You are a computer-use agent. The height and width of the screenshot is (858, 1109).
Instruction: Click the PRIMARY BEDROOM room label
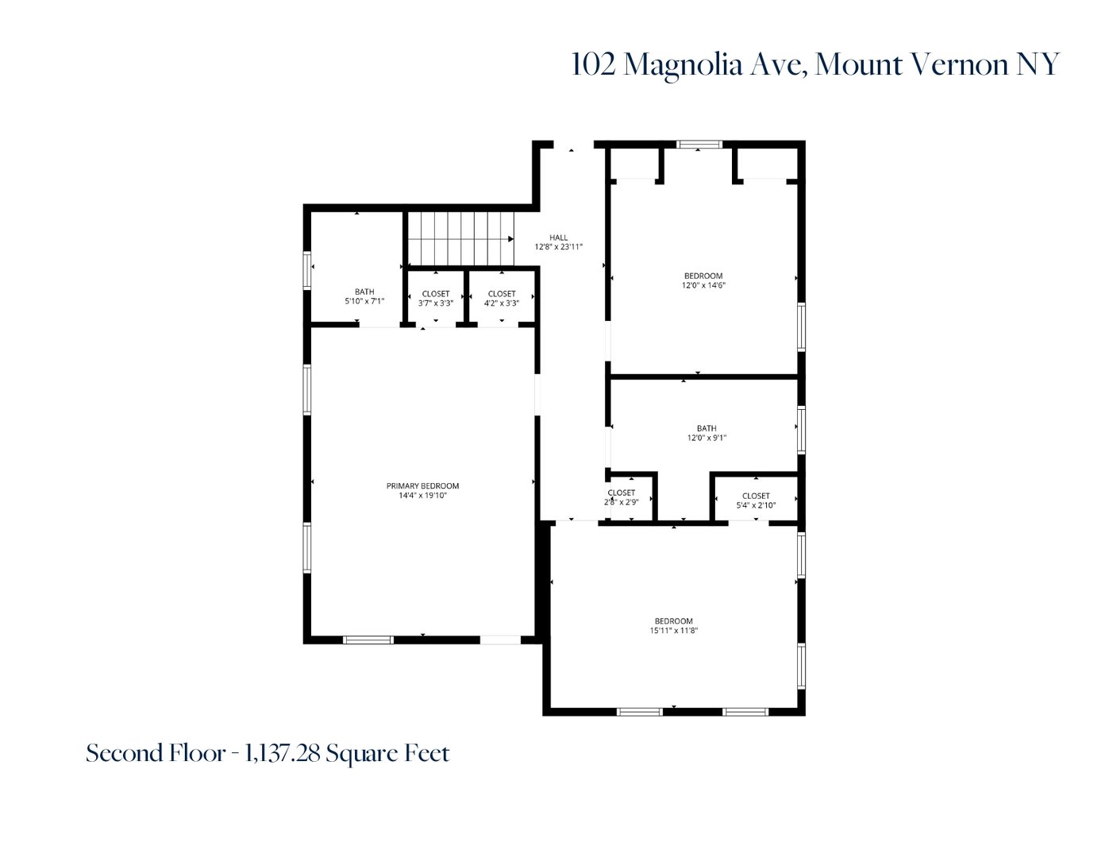tap(422, 486)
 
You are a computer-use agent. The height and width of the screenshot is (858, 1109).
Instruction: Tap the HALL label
tap(559, 238)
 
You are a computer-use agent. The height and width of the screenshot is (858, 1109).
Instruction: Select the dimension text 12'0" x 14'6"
tap(703, 285)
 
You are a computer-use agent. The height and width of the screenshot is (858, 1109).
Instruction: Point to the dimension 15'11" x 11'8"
tap(673, 631)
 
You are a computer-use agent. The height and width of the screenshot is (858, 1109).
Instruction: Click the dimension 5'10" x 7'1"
tap(364, 301)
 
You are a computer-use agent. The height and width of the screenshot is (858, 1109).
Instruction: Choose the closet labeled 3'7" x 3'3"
tap(436, 298)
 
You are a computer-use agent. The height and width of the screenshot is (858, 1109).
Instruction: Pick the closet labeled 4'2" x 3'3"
tap(502, 298)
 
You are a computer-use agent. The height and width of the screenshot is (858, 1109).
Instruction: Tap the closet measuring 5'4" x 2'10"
tap(756, 500)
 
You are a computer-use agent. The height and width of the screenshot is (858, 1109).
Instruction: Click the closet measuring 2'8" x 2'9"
tap(622, 497)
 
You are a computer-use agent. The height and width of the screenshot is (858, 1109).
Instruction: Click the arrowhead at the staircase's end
tap(510, 238)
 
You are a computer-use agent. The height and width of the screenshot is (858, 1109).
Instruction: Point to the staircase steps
tap(456, 238)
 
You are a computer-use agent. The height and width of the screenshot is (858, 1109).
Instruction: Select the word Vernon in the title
tap(959, 64)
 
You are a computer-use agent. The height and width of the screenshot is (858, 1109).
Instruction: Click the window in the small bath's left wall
tap(307, 269)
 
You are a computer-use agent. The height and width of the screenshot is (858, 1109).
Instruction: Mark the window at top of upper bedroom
tap(699, 145)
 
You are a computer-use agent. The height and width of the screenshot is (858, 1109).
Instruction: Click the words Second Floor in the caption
tap(155, 753)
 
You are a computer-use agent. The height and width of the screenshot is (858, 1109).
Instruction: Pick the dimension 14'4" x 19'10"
tap(422, 496)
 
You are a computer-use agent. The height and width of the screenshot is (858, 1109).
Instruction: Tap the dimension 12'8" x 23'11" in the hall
tap(559, 247)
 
